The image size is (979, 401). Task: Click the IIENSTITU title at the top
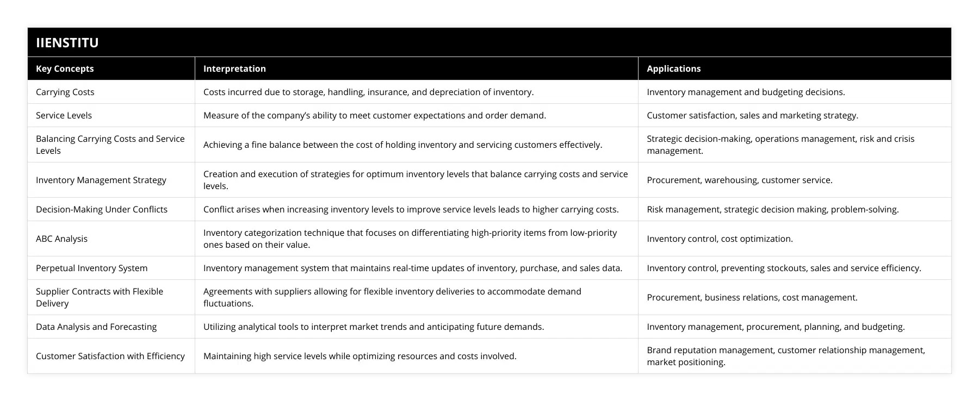(x=67, y=42)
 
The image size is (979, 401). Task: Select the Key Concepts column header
(x=65, y=68)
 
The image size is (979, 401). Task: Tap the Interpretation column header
(x=234, y=68)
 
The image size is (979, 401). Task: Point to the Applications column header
(x=673, y=68)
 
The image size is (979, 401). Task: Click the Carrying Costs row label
(x=65, y=92)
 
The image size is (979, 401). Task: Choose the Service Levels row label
(x=64, y=115)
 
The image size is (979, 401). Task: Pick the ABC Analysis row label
(x=61, y=239)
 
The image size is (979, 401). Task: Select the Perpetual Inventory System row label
(x=91, y=268)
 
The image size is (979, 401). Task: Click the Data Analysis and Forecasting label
(x=96, y=327)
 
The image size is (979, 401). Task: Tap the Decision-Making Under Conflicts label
(x=102, y=209)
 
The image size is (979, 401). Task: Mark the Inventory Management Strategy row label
(x=101, y=180)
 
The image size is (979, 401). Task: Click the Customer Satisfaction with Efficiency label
(x=110, y=356)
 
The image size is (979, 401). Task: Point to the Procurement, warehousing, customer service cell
(x=739, y=180)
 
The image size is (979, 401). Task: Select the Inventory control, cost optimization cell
(x=720, y=239)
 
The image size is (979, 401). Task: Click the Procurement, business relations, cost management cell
(x=752, y=297)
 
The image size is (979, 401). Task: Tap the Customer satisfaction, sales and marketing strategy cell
(x=752, y=115)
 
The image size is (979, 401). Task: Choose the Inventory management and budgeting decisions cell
(x=746, y=92)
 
